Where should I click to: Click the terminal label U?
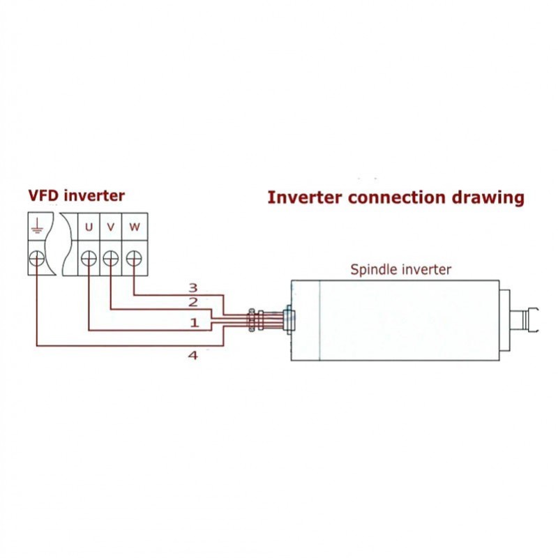tap(89, 227)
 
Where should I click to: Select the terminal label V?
tap(110, 227)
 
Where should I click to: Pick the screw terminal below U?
tap(89, 259)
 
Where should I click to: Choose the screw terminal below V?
tap(110, 259)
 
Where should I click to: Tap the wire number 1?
tap(194, 323)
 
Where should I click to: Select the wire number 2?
tap(194, 302)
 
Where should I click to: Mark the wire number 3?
tap(194, 287)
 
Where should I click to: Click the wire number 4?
tap(193, 355)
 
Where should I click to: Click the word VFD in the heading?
tap(44, 195)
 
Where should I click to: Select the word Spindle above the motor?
tap(373, 269)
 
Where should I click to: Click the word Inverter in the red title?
tap(305, 197)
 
